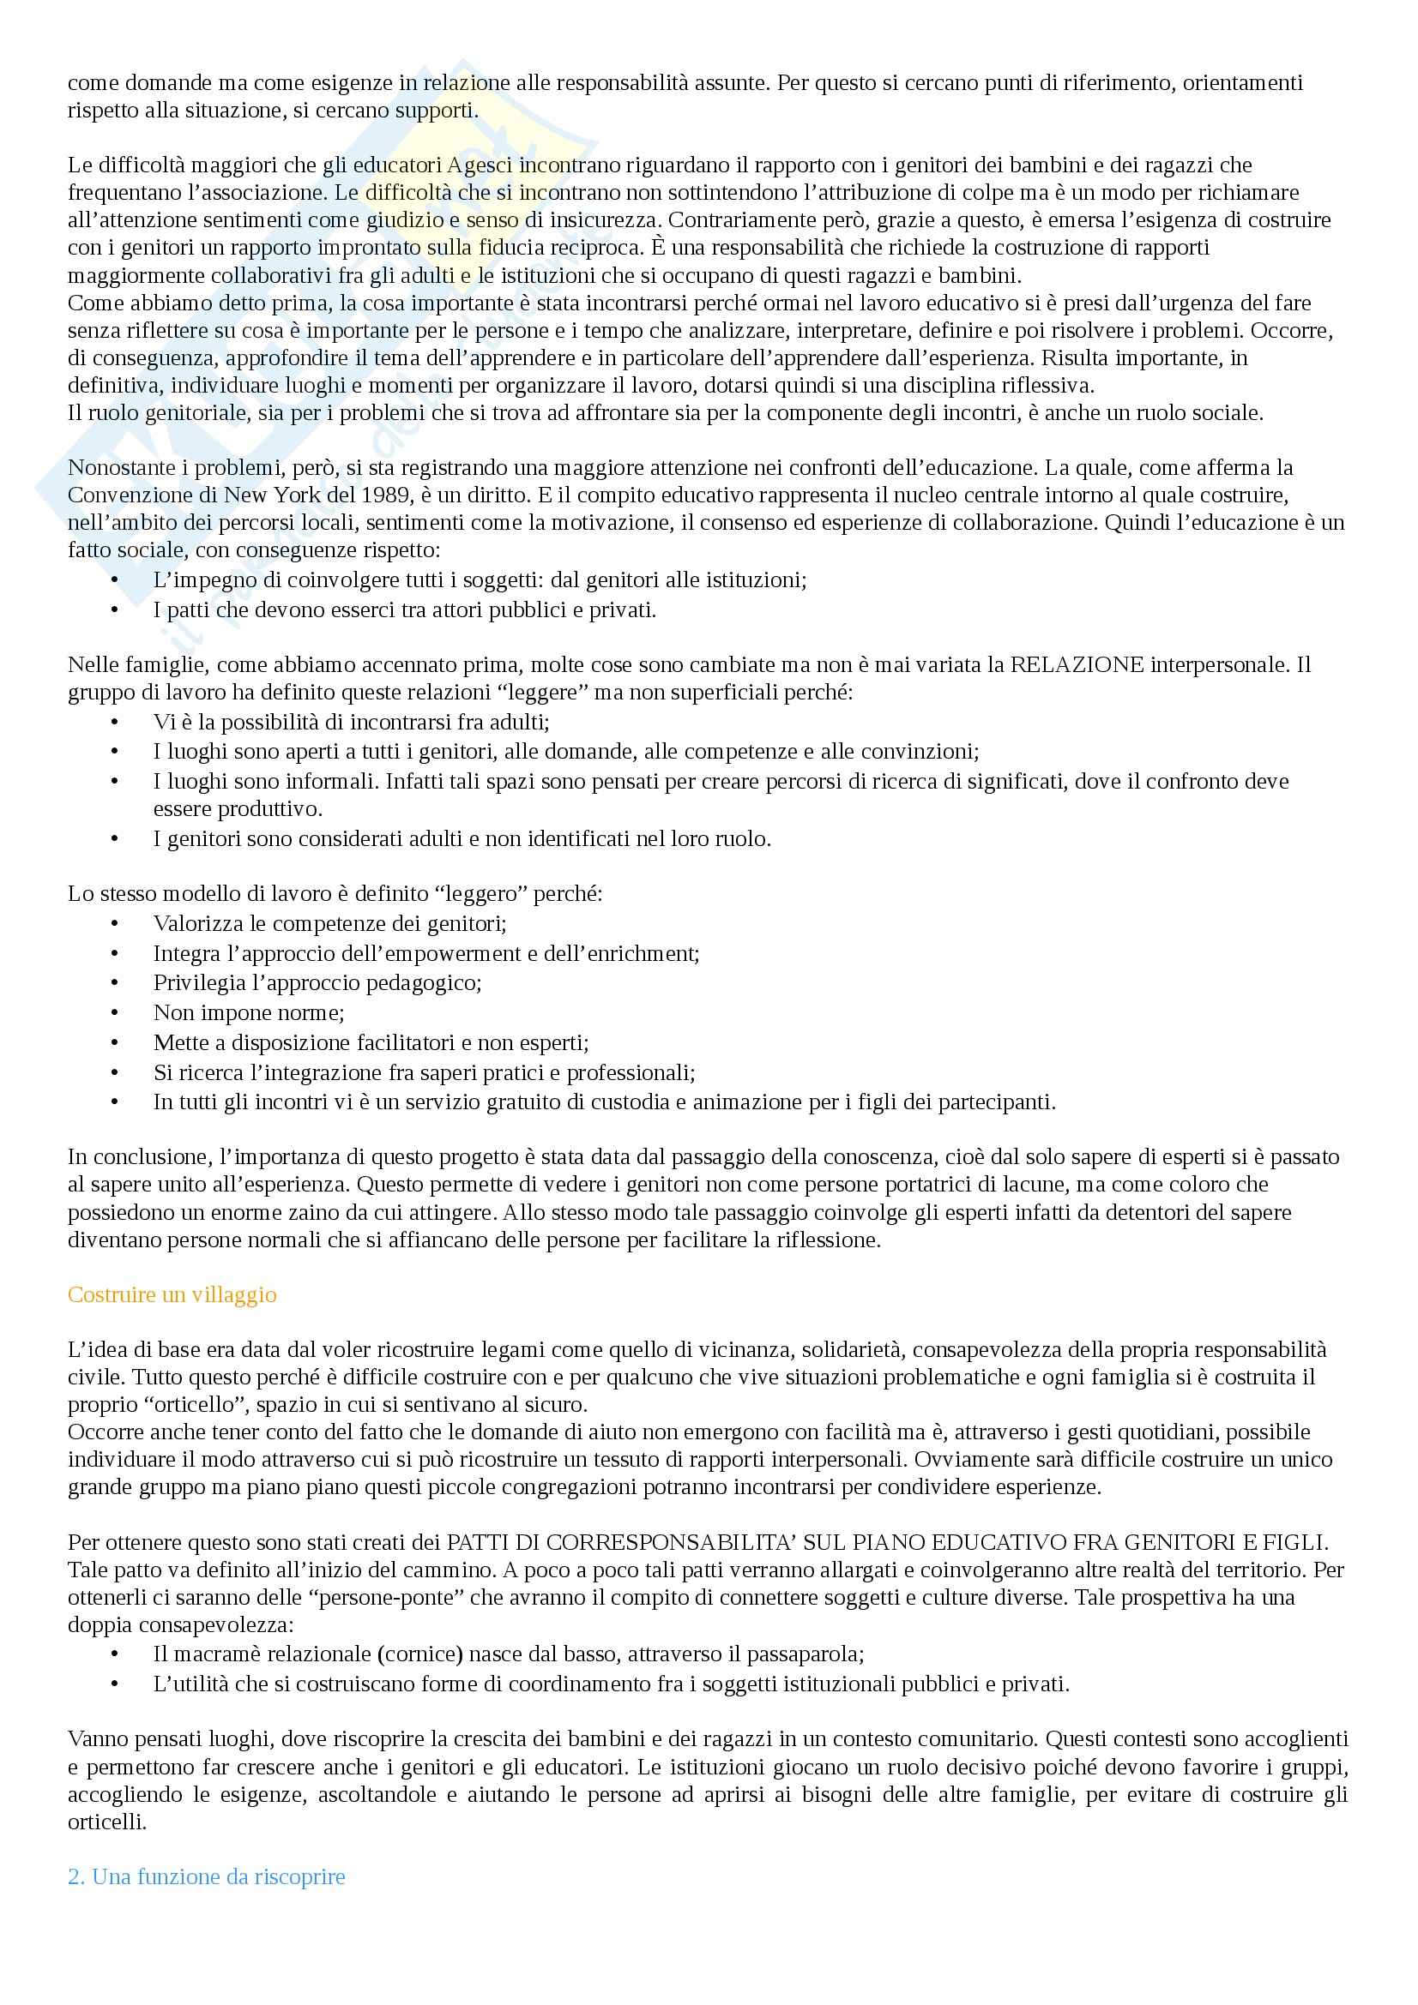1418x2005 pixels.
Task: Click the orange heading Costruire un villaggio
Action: pos(172,1294)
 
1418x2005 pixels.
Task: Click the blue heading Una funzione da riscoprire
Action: pos(207,1876)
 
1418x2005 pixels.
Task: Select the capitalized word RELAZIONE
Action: pos(1077,664)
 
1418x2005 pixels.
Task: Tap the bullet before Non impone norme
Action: pos(113,1013)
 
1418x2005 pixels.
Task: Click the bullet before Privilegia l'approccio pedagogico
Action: pos(113,983)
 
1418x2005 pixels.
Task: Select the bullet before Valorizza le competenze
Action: pos(113,924)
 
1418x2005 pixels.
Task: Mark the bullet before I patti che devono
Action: pos(113,610)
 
